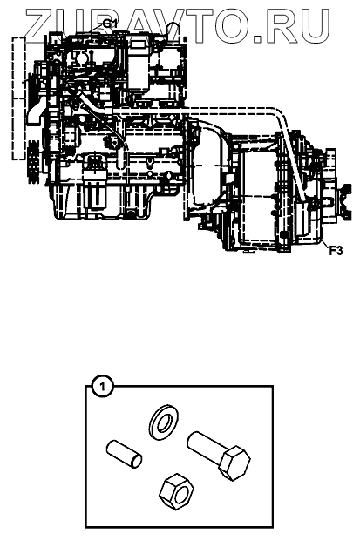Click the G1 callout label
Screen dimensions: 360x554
point(110,24)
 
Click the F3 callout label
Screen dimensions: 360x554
point(336,251)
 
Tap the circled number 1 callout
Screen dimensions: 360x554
point(103,387)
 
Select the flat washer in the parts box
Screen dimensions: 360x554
point(163,422)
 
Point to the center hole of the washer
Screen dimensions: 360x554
point(163,422)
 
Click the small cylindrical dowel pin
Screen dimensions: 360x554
point(124,455)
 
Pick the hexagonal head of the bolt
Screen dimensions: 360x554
point(234,463)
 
